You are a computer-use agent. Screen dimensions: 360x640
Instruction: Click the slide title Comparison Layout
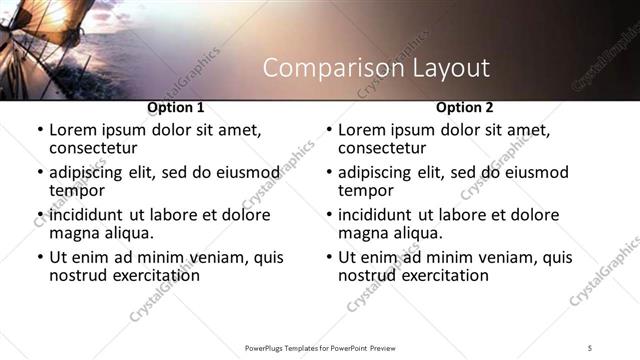(376, 68)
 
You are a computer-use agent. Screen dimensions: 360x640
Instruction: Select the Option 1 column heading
(175, 107)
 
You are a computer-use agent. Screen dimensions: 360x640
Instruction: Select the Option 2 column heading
(465, 107)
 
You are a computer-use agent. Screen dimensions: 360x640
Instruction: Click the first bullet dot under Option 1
(39, 131)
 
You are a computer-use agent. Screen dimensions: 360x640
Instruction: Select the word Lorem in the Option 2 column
(362, 130)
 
